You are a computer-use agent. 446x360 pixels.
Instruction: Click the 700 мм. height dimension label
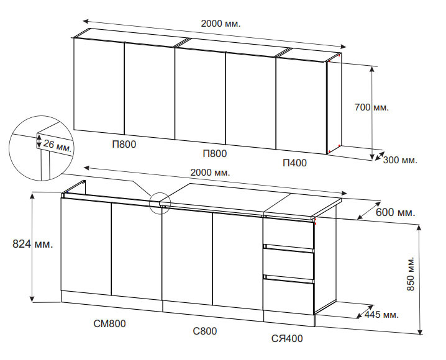[371, 107]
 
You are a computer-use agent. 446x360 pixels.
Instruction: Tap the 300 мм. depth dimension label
[400, 160]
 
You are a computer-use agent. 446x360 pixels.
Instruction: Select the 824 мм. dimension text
[33, 244]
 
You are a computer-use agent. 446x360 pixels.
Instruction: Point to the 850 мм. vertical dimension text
[411, 274]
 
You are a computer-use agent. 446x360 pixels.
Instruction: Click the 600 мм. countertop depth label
[395, 212]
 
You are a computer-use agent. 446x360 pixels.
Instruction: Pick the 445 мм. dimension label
[381, 315]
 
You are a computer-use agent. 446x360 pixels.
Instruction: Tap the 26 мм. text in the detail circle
[57, 146]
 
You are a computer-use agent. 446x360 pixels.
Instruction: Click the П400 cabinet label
[295, 163]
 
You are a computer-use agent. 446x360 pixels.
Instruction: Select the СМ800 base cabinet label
[109, 323]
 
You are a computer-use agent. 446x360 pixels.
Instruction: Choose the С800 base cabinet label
[205, 331]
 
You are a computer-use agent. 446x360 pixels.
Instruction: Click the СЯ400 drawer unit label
[287, 339]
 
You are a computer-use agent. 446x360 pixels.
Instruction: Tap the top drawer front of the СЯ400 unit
[289, 233]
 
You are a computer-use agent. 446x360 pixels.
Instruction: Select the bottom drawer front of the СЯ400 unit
[289, 296]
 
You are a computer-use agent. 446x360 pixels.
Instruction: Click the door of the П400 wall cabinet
[301, 106]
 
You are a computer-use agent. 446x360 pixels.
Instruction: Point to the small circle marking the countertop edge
[160, 202]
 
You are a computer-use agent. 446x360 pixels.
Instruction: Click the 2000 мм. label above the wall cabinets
[221, 24]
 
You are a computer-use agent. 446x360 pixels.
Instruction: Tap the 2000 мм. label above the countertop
[210, 173]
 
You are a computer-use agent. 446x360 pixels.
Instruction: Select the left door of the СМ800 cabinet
[86, 246]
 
